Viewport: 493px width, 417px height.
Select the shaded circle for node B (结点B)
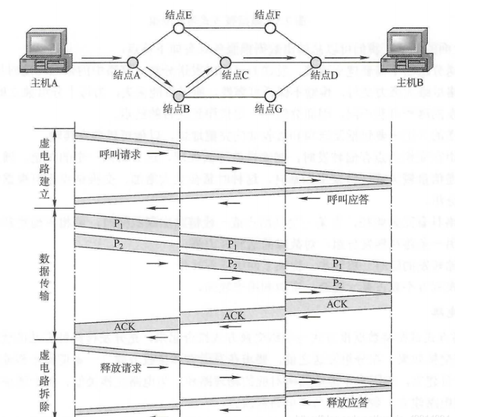(179, 95)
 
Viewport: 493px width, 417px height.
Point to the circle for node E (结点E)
(178, 28)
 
